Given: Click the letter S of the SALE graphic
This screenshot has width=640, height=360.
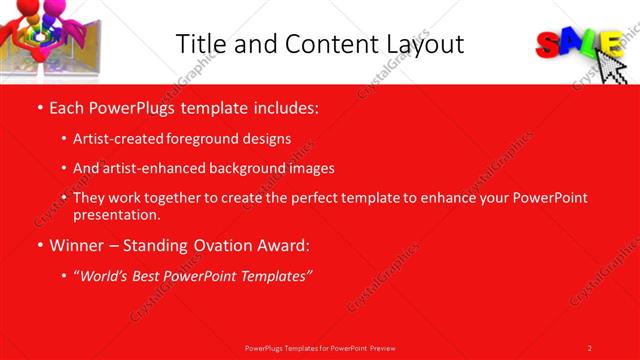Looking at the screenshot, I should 549,43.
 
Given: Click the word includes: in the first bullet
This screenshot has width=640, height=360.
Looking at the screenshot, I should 285,107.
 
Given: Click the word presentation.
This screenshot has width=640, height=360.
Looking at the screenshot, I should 116,214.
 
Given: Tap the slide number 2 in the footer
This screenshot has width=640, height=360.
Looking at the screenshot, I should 590,347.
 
